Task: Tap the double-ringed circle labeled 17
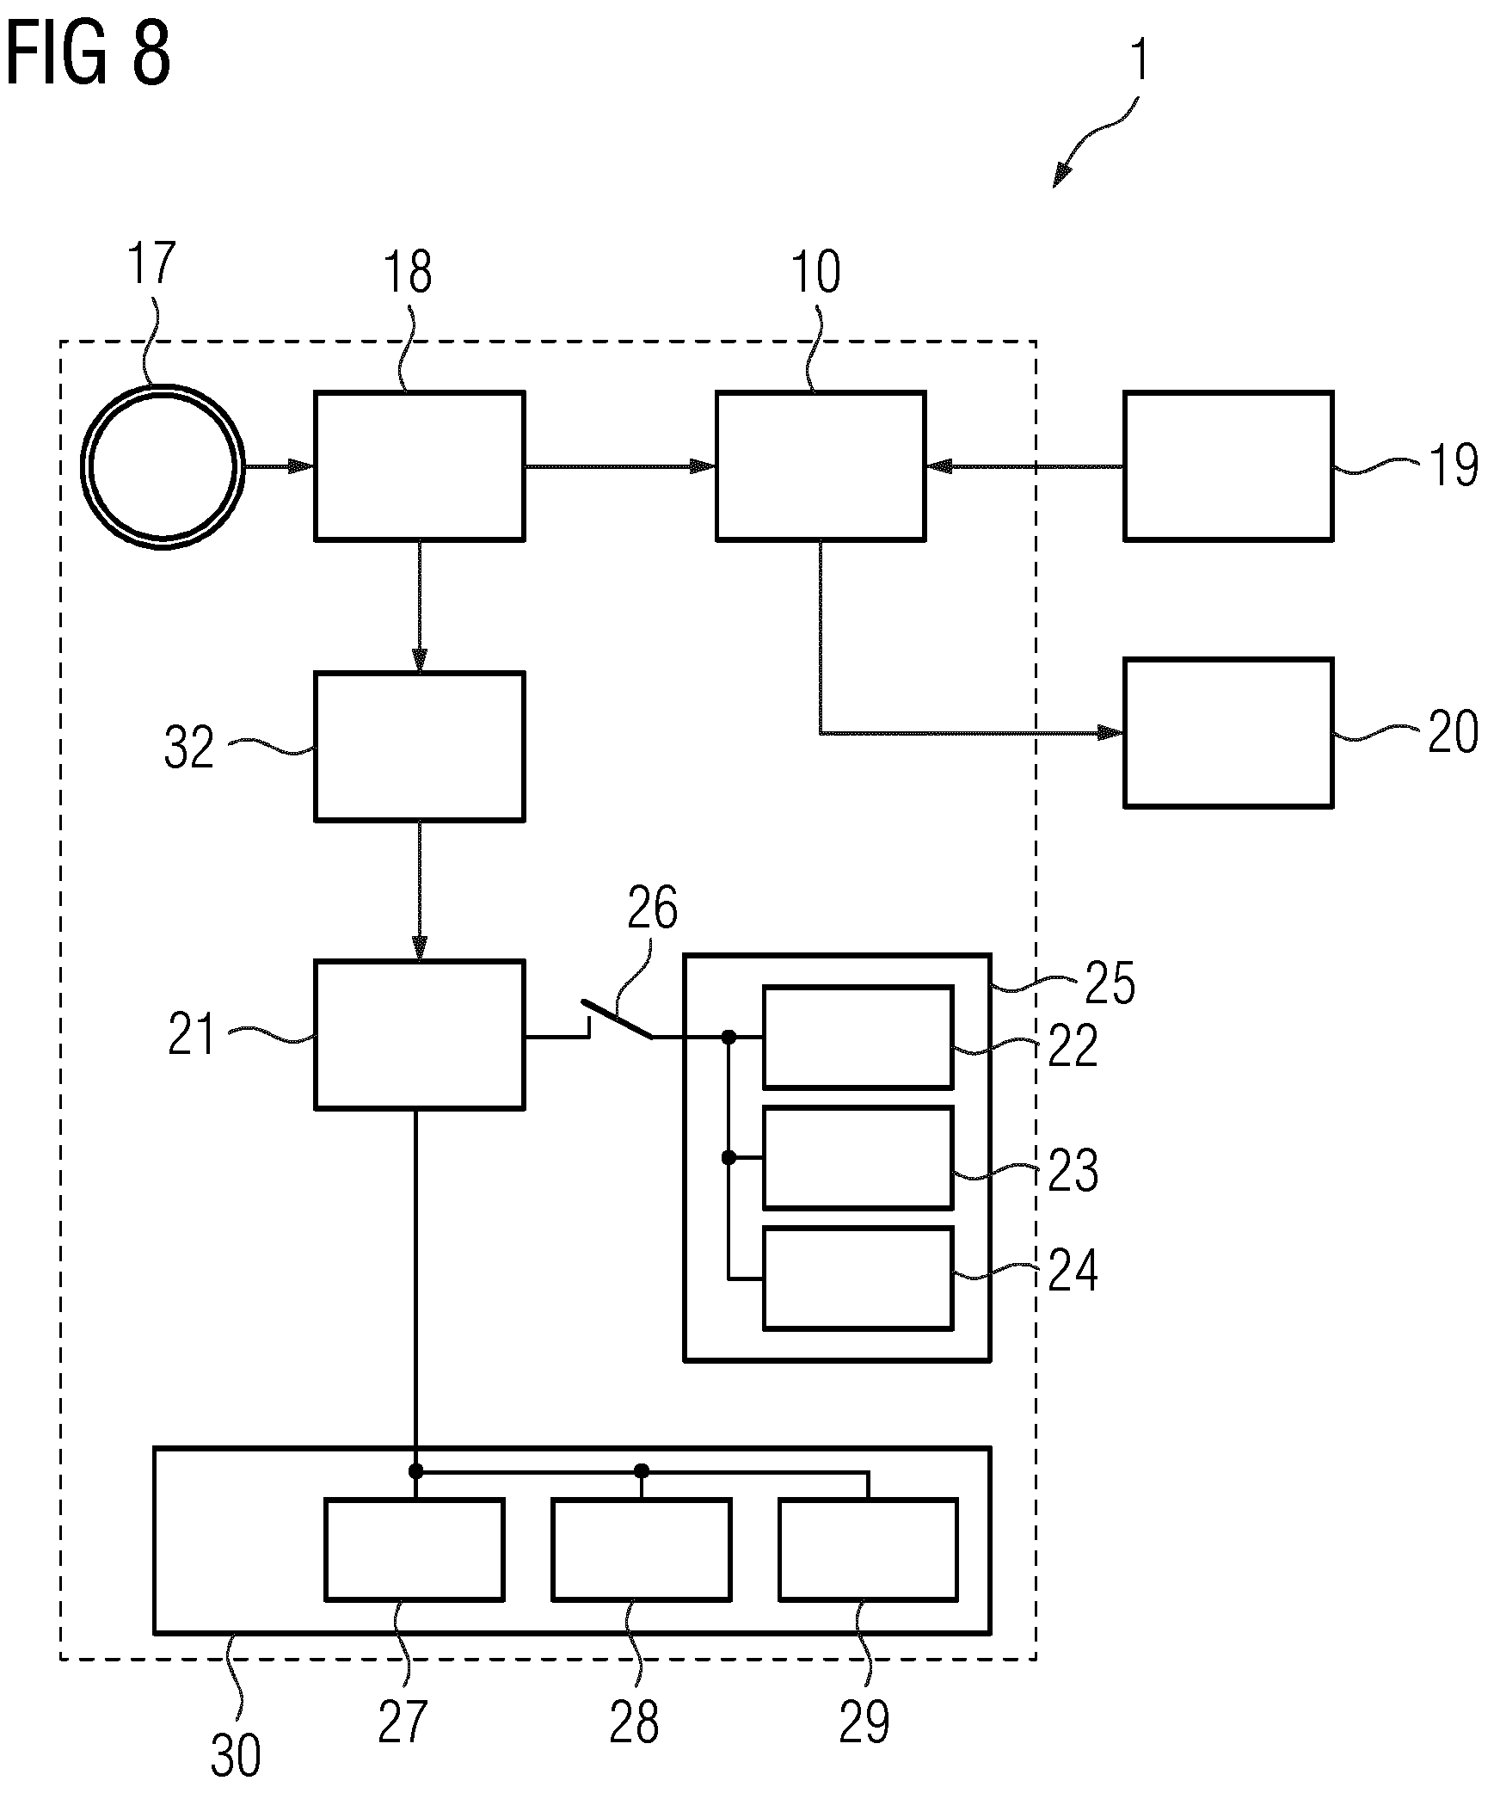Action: (x=163, y=385)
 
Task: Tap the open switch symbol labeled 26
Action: (x=617, y=1020)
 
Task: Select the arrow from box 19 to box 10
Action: (x=1024, y=466)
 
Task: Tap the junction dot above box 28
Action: (x=641, y=1471)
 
